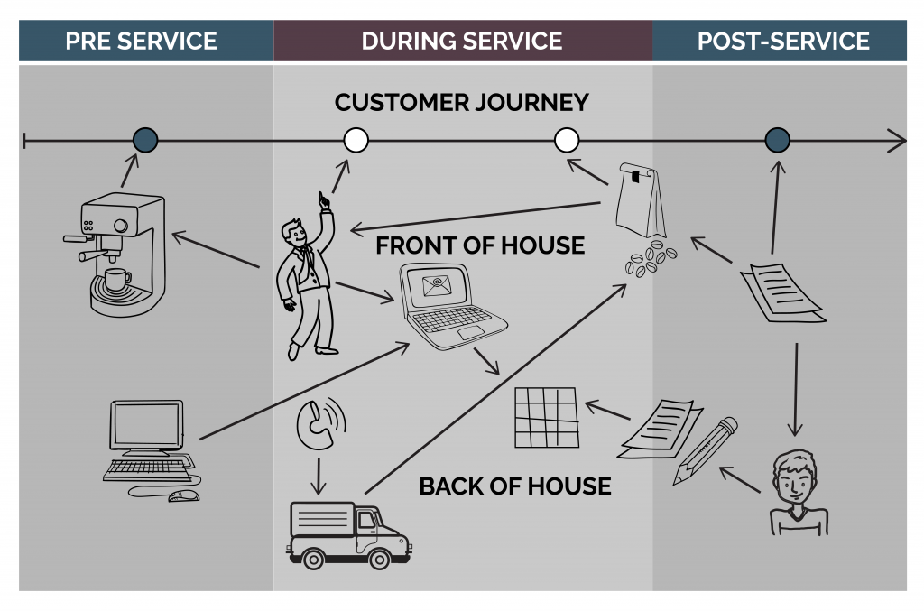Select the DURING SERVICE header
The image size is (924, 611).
click(462, 42)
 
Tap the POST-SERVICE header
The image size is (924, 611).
click(783, 42)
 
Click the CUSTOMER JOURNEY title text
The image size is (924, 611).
click(461, 103)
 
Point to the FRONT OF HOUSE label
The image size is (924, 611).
click(480, 245)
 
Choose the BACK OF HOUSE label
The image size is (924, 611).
click(515, 487)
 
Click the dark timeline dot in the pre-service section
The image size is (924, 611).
click(145, 140)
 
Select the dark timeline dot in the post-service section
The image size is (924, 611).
click(778, 140)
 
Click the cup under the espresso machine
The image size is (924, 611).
click(115, 281)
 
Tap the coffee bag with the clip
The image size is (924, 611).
click(640, 200)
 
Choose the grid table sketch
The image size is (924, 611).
click(545, 417)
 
